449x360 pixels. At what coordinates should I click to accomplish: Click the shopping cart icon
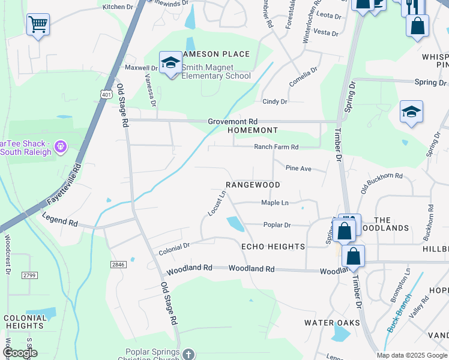[x=38, y=25]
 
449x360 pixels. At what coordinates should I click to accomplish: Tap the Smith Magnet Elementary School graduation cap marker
[x=170, y=63]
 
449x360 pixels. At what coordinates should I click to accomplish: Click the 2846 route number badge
[x=118, y=264]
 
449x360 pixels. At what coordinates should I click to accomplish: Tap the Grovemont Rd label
[x=232, y=121]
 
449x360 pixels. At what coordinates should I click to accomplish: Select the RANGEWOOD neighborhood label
[x=253, y=185]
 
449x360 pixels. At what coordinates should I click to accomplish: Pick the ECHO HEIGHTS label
[x=273, y=247]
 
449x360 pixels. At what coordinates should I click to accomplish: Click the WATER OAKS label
[x=332, y=323]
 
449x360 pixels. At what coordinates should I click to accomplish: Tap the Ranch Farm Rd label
[x=276, y=147]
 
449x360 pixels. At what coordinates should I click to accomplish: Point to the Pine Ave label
[x=298, y=169]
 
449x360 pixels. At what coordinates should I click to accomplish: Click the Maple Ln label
[x=275, y=203]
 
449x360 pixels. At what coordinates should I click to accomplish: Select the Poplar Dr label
[x=277, y=225]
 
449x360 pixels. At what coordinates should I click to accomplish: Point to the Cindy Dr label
[x=275, y=102]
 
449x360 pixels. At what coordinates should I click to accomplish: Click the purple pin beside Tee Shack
[x=60, y=146]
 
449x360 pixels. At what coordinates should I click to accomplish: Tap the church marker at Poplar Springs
[x=188, y=354]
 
